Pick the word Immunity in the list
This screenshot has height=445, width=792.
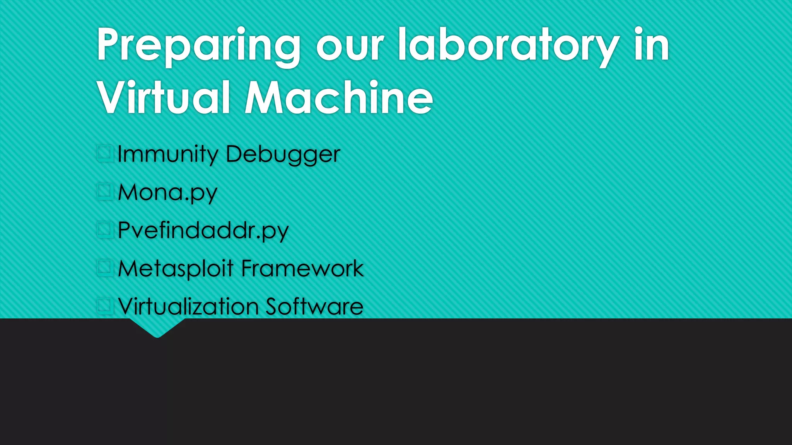coord(168,154)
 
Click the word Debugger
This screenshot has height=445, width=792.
coord(283,154)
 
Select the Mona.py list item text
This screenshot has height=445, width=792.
coord(167,192)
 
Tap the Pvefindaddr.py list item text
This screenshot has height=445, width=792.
coord(203,231)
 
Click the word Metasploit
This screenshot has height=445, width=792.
coord(176,268)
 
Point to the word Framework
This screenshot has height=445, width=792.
coord(302,268)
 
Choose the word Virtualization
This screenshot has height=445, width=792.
coord(188,307)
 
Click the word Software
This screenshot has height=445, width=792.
coord(314,307)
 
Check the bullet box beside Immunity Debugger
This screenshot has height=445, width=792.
coord(104,153)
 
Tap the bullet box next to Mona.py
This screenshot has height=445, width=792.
coord(104,191)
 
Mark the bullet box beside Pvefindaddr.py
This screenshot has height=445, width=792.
coord(104,229)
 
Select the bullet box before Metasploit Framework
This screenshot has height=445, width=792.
coord(104,267)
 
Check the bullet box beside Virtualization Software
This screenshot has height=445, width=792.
coord(104,306)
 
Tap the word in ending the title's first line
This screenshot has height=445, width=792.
coord(652,46)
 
